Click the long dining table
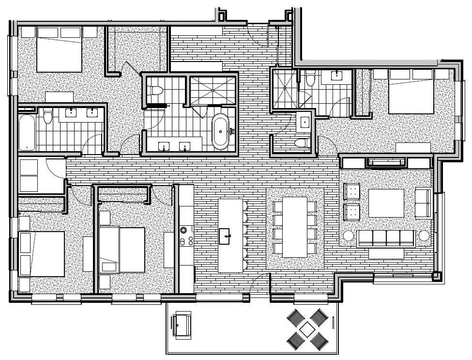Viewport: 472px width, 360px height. coord(295,227)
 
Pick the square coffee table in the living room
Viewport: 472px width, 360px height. coord(386,203)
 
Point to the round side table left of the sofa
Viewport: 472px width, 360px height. coord(349,235)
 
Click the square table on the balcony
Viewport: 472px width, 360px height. coord(307,329)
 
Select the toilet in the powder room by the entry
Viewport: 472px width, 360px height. coord(301,142)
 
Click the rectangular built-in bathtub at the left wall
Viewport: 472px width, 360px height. coord(27,132)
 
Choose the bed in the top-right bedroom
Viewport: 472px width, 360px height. coord(411,92)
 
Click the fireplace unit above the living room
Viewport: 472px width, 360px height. coord(386,162)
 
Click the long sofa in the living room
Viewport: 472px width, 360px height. coord(386,238)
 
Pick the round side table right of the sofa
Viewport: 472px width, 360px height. coord(424,235)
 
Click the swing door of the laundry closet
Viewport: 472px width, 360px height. coord(56,167)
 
